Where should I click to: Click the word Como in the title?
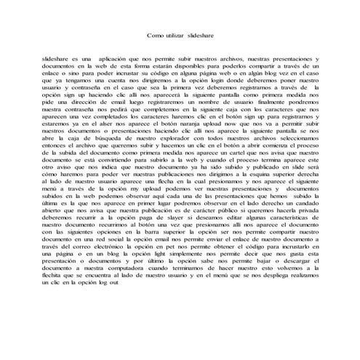tap(154, 35)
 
